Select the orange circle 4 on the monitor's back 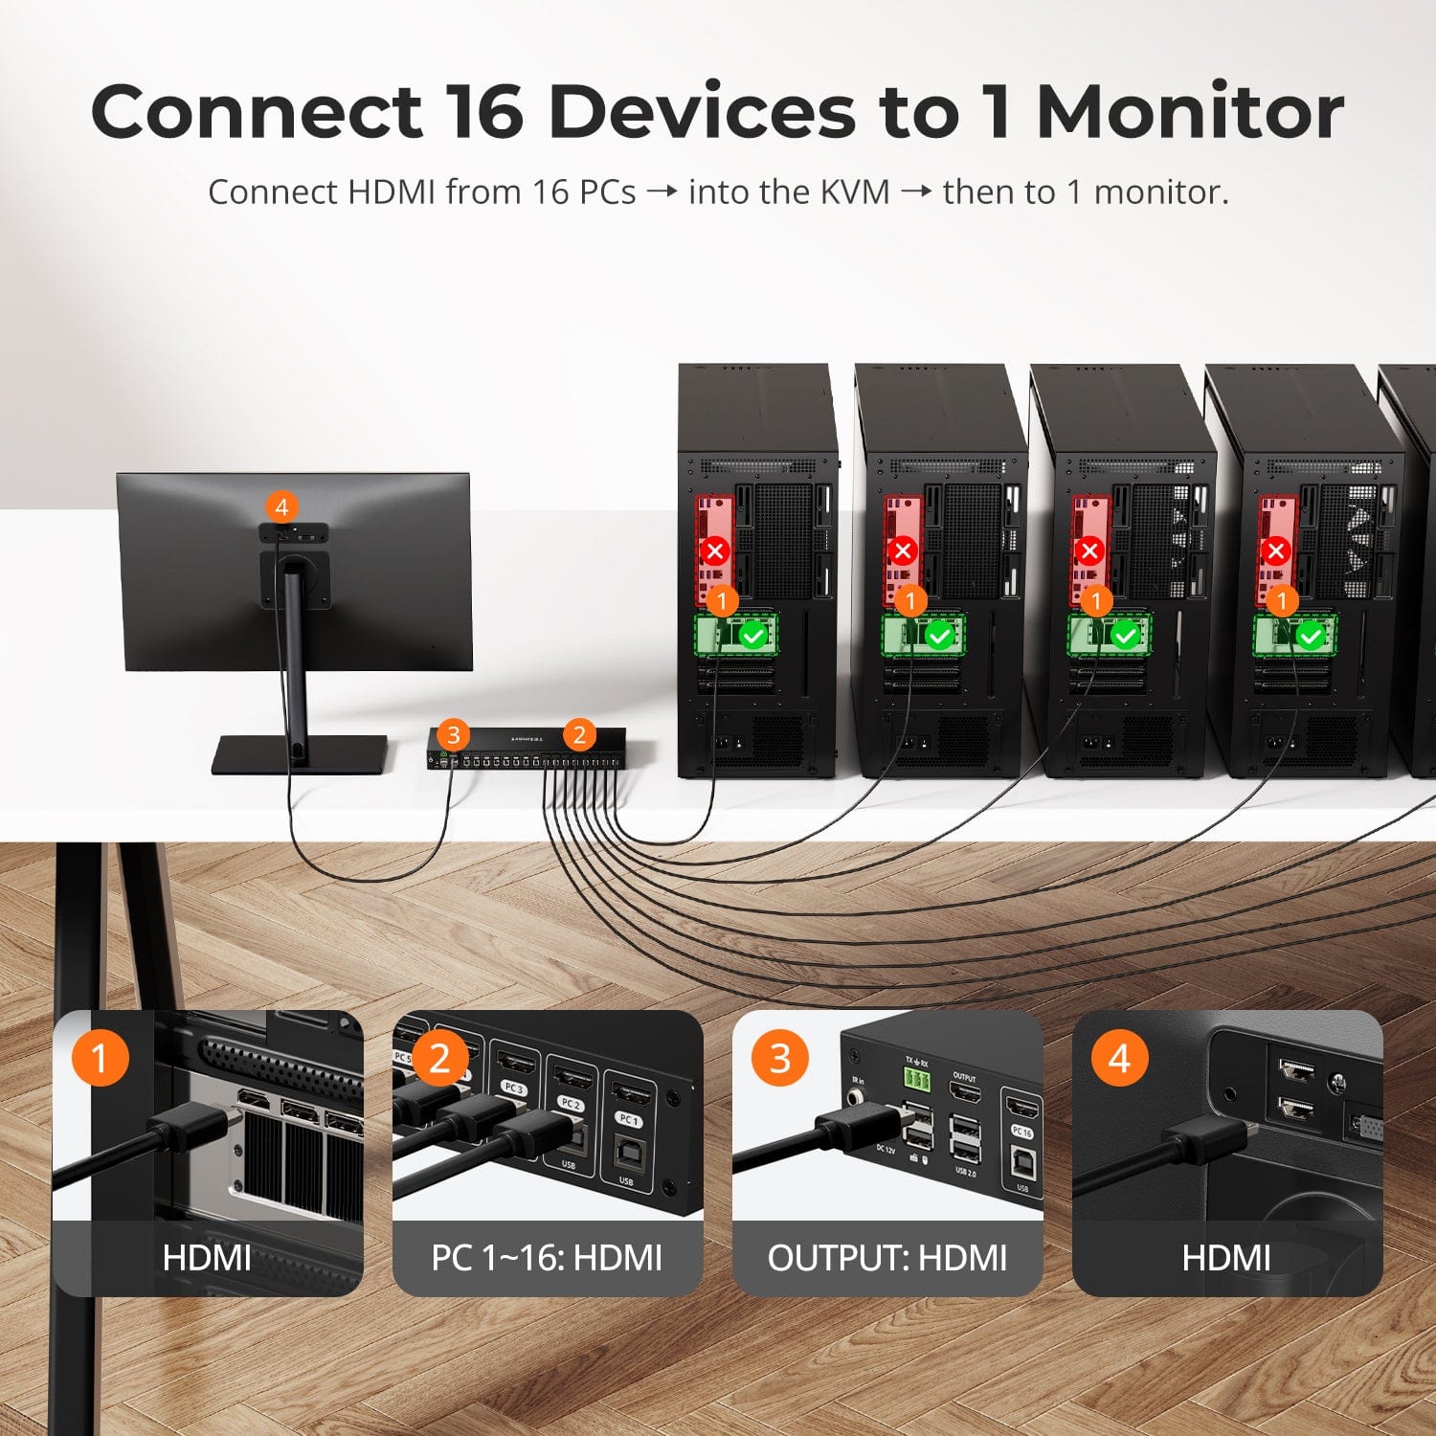click(280, 506)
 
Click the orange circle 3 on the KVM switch click(454, 735)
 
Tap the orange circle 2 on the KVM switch click(578, 735)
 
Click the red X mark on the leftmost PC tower click(715, 551)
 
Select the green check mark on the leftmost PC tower click(754, 636)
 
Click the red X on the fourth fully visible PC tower click(1275, 551)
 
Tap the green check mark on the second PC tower click(940, 636)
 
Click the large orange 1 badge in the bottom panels click(100, 1058)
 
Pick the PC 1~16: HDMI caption click(547, 1258)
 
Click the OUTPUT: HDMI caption click(887, 1258)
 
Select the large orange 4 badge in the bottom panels click(1119, 1058)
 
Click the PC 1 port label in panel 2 click(628, 1119)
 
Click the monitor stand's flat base click(300, 754)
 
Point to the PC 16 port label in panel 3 click(1021, 1132)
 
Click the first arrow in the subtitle click(662, 192)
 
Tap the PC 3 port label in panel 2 click(514, 1089)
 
